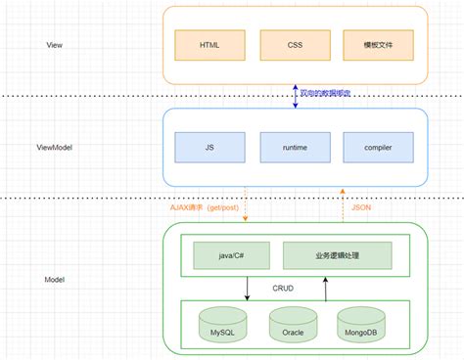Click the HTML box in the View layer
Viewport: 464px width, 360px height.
209,45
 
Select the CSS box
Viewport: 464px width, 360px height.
294,45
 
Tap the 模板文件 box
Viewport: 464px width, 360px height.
378,45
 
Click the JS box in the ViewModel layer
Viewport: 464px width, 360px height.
209,147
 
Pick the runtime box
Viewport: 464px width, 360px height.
294,147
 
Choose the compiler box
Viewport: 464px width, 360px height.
378,147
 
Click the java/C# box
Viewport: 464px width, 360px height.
232,256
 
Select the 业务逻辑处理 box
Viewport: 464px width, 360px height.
337,256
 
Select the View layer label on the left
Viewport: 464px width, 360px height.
56,45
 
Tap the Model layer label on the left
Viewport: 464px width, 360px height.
56,279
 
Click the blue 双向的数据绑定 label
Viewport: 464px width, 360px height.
325,95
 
